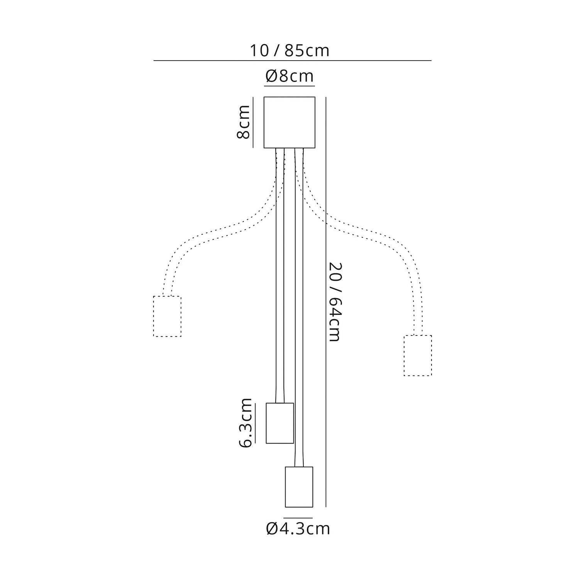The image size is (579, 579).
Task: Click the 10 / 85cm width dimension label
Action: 290,51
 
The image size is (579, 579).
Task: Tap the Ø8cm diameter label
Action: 289,76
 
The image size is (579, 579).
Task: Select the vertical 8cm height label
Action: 244,122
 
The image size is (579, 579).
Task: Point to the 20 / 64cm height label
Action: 334,302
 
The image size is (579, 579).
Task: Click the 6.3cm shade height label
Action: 245,423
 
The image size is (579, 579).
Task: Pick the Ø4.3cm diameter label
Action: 298,529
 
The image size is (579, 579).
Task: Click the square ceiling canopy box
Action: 289,122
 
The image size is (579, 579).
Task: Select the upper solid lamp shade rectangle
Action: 280,423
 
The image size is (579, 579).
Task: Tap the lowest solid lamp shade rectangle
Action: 299,487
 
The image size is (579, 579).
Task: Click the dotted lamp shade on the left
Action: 167,316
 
